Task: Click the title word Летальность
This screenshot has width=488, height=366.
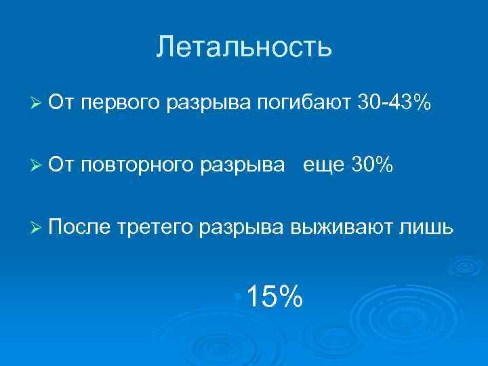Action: coord(244,47)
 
